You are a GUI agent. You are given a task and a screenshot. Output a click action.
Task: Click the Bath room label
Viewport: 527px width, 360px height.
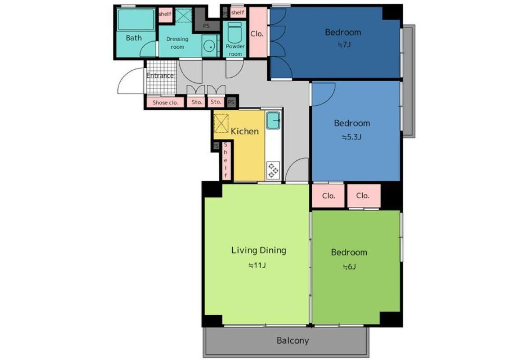point(134,38)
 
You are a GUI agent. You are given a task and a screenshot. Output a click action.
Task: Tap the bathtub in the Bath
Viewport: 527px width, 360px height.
point(136,20)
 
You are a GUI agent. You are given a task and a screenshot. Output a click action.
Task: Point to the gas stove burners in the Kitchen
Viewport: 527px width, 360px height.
point(273,170)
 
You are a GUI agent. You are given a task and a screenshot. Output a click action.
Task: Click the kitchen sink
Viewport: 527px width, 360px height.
point(273,121)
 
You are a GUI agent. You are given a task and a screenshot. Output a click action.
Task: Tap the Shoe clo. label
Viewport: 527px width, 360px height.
point(165,103)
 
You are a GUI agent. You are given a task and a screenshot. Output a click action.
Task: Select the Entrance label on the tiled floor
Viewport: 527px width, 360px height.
point(160,76)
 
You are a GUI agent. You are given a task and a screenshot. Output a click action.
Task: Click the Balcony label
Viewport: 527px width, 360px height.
point(292,341)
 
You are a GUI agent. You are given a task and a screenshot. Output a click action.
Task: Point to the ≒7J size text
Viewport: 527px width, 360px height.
point(344,45)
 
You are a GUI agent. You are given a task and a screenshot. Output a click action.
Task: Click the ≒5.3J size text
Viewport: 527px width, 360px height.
point(351,137)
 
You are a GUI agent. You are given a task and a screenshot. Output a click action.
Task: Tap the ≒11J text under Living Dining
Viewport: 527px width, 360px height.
point(257,266)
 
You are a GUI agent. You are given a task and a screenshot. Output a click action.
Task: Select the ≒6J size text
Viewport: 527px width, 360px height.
point(349,267)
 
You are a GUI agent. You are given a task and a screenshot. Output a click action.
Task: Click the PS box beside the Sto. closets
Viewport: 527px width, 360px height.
point(231,102)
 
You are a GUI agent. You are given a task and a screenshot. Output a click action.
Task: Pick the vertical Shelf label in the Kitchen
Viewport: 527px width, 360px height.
point(226,160)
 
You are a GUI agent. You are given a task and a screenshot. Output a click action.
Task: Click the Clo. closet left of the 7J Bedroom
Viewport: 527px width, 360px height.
point(258,32)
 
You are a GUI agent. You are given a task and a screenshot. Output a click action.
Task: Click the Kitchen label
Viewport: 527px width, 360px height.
point(245,131)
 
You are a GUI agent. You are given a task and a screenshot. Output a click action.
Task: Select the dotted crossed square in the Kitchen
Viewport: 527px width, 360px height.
point(221,123)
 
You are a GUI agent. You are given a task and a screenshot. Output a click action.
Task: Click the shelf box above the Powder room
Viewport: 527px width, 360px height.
point(238,12)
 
